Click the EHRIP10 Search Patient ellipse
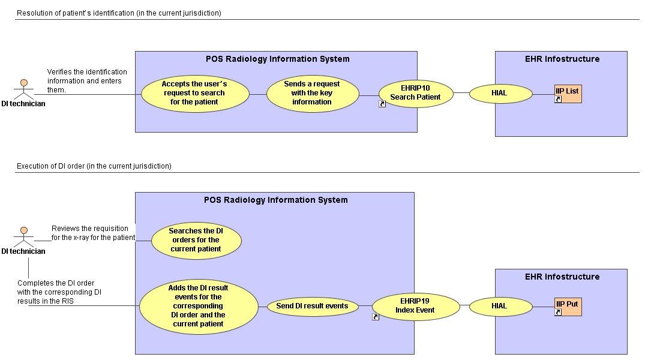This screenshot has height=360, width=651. (x=416, y=94)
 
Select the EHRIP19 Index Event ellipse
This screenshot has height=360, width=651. (x=416, y=307)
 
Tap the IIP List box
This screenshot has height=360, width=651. (x=568, y=94)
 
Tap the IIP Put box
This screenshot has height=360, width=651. (x=568, y=307)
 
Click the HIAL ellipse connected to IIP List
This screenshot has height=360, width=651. (x=501, y=94)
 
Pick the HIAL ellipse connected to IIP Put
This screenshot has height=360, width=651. (x=501, y=307)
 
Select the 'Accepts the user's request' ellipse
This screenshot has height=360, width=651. (x=195, y=94)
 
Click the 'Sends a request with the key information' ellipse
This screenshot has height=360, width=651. (x=313, y=94)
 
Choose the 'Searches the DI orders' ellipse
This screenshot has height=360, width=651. (x=196, y=241)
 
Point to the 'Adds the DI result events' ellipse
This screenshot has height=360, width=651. (x=199, y=307)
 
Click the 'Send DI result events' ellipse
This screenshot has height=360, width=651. (x=312, y=307)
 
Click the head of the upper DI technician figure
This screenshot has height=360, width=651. (x=24, y=83)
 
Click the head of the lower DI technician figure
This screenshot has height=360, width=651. (x=24, y=230)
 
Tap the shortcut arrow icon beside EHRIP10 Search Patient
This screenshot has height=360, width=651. (x=382, y=104)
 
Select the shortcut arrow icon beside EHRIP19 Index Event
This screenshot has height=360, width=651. (x=376, y=317)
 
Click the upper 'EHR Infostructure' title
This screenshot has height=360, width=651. (x=562, y=59)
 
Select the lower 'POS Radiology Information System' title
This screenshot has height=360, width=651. (x=275, y=200)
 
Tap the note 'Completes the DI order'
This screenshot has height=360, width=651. (x=59, y=292)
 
